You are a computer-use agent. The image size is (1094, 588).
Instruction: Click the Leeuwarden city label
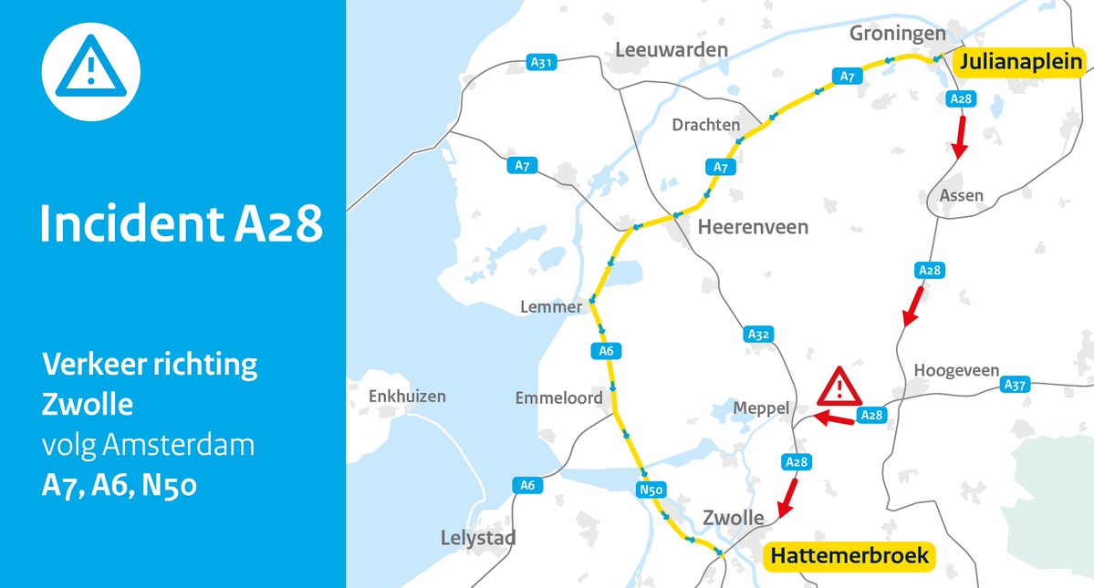coord(672,50)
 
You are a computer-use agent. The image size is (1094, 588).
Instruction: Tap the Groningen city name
coord(897,34)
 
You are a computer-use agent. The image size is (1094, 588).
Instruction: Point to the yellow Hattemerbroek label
coord(849,555)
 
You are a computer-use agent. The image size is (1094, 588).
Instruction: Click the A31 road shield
coord(541,63)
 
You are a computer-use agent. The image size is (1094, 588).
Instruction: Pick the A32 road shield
coord(759,335)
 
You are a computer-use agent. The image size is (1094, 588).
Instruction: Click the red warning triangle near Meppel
coord(839,387)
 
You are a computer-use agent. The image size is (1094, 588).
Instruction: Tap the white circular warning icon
coord(90,71)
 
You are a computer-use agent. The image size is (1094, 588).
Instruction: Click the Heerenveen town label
coord(753,227)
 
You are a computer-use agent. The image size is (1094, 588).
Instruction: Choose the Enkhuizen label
coord(407,397)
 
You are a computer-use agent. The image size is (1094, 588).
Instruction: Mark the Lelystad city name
coord(477,538)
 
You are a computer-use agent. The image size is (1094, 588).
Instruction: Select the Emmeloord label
coord(558,398)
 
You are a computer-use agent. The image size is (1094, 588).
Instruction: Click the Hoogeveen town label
coord(956,371)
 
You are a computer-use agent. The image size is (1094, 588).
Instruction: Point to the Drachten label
coord(705,124)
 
